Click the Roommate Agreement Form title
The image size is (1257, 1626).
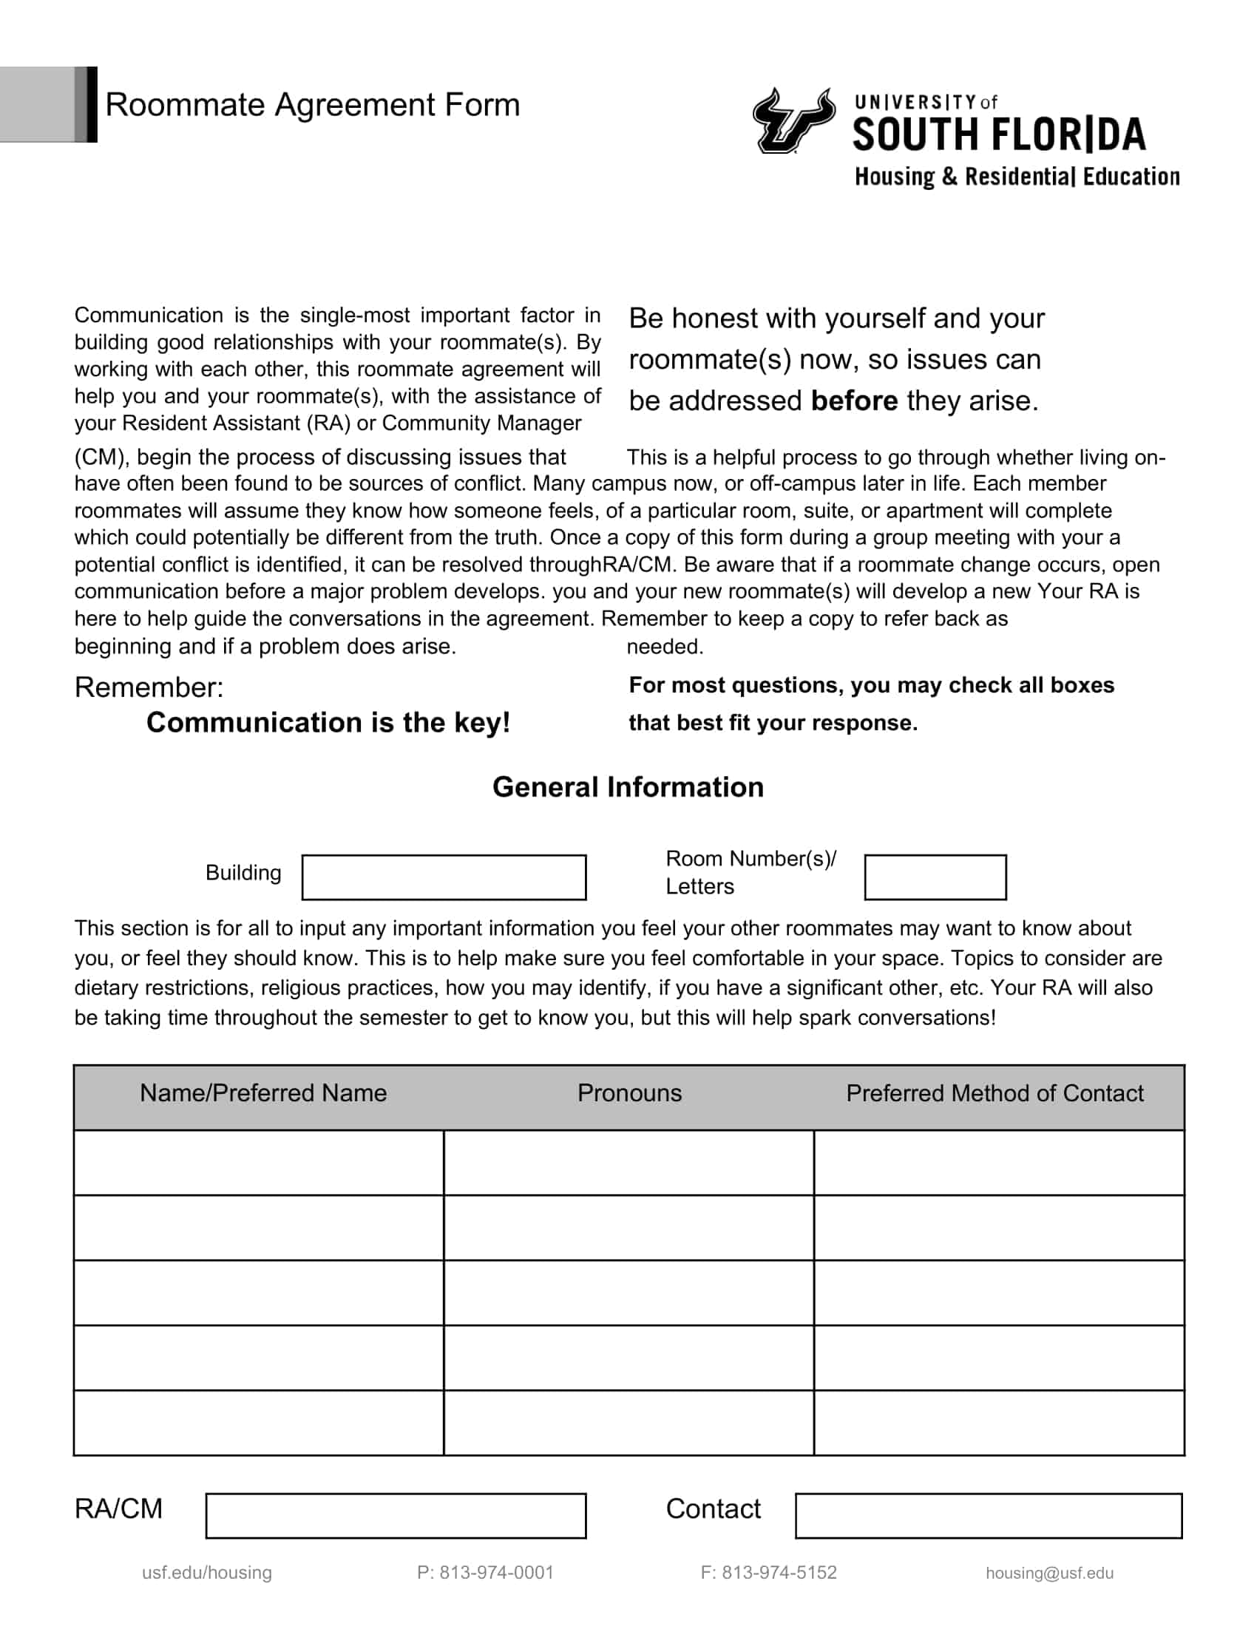312,105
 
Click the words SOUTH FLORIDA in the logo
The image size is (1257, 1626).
999,135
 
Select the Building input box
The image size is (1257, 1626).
444,877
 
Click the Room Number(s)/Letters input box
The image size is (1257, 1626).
935,877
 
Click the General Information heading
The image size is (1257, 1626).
628,787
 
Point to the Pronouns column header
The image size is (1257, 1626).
629,1093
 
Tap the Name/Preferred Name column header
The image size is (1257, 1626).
263,1093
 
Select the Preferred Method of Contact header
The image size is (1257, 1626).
994,1093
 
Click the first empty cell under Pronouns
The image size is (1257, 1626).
628,1163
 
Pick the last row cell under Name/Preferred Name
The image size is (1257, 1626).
258,1423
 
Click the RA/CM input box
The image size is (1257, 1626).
396,1516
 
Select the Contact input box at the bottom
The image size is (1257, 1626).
988,1516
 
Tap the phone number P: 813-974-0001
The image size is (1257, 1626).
486,1572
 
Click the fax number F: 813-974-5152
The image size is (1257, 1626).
768,1572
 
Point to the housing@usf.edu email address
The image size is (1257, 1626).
1049,1572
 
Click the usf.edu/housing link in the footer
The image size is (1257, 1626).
207,1572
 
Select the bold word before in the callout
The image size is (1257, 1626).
854,401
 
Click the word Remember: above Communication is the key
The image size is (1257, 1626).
149,687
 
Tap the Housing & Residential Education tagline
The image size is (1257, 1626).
1017,177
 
